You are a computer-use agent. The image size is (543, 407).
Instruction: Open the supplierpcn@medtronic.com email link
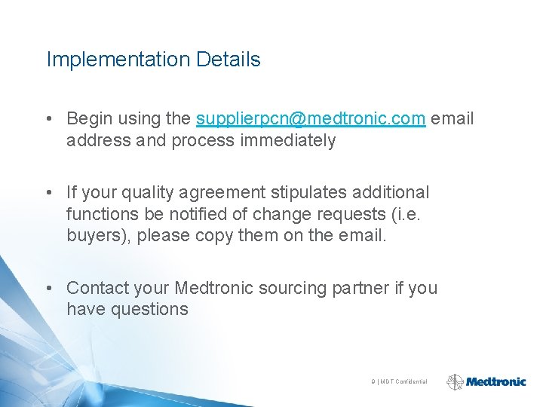[x=311, y=119]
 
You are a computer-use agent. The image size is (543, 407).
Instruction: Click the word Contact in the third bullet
[x=97, y=288]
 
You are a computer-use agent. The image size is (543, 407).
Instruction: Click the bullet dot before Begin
[x=48, y=119]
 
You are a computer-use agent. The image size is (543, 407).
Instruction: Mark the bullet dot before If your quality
[x=48, y=193]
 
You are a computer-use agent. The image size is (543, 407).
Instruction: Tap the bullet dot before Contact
[x=48, y=288]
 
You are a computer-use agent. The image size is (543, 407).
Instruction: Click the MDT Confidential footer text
[x=403, y=382]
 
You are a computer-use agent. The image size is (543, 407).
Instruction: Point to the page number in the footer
[x=373, y=382]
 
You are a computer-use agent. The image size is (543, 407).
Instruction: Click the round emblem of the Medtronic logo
[x=455, y=382]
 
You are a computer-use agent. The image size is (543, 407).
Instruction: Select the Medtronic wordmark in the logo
[x=495, y=382]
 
